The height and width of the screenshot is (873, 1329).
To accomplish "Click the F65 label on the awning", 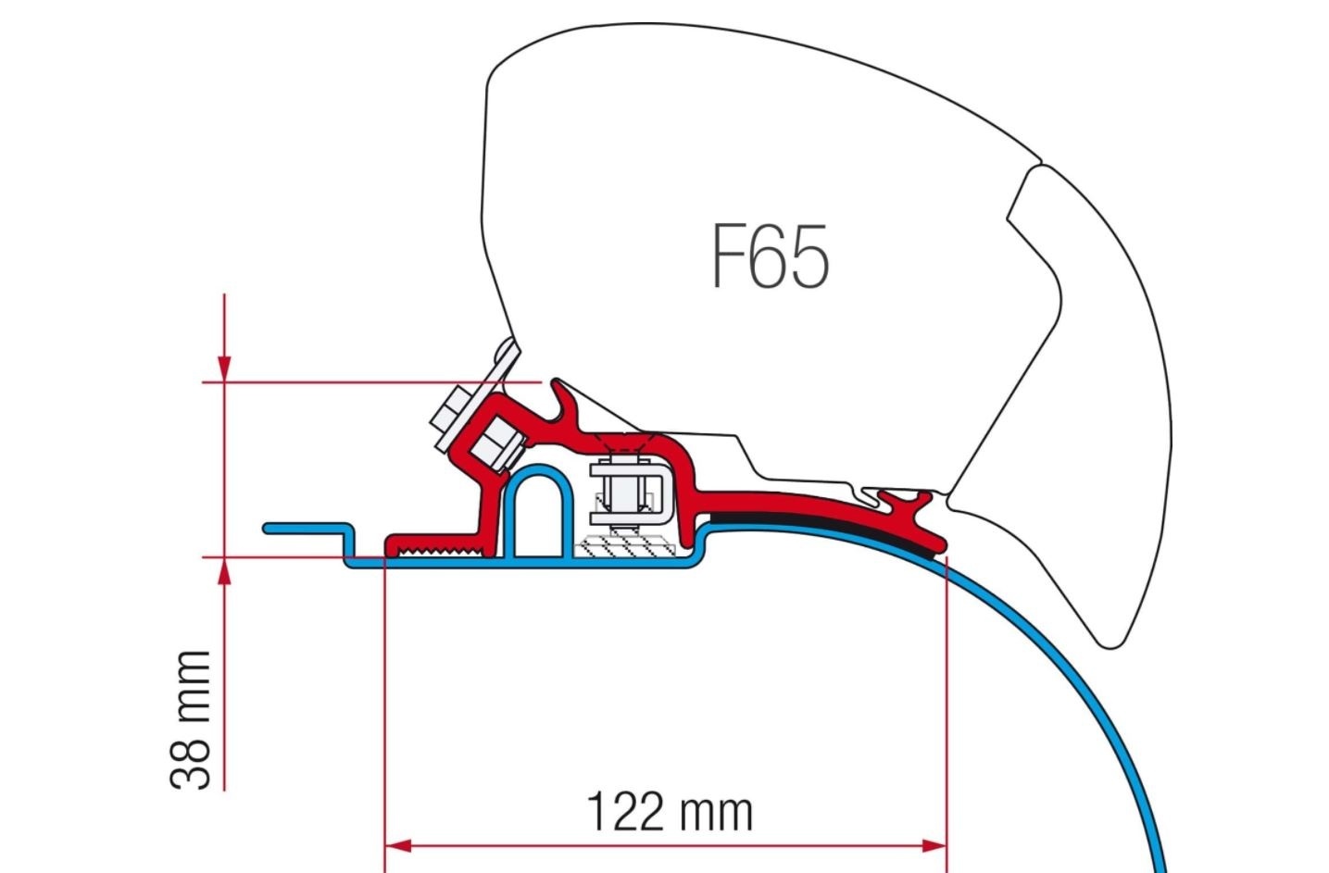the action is (x=770, y=256).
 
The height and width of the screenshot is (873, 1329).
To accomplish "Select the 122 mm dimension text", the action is (x=670, y=812).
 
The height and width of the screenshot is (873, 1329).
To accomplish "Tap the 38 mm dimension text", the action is (x=191, y=718).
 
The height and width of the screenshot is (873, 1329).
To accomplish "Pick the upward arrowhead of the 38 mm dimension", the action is (x=224, y=572).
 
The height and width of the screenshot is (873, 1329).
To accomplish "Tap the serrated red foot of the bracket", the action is (x=435, y=549).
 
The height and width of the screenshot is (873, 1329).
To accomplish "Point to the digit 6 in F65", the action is (x=769, y=256).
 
